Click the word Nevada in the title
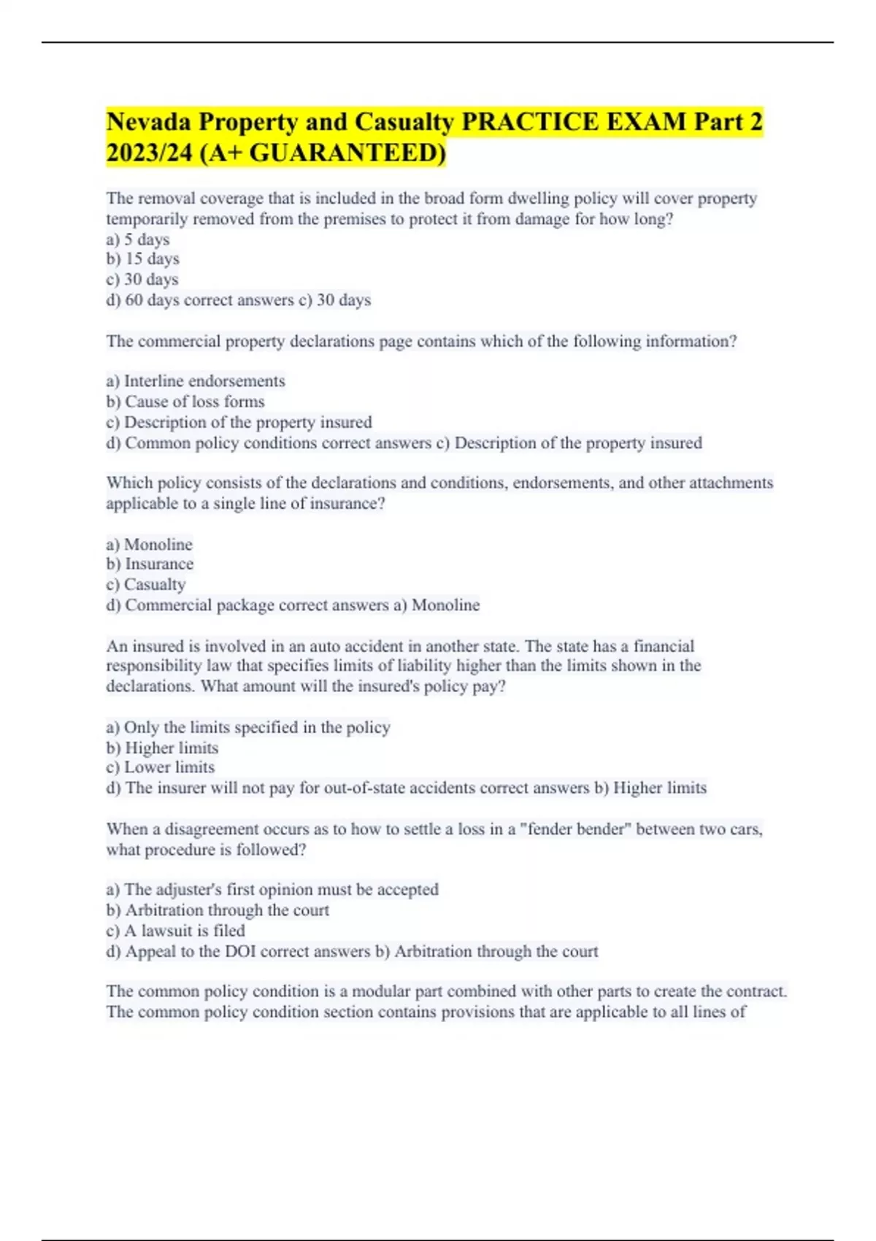148,122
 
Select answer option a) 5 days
138,239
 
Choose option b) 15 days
143,259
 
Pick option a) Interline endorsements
196,381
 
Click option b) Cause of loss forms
185,401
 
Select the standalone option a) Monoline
150,545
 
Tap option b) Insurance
150,564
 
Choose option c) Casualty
146,585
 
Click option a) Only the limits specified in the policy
248,728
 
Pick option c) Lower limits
161,767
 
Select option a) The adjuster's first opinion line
272,890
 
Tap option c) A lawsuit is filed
176,931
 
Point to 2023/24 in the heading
149,153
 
